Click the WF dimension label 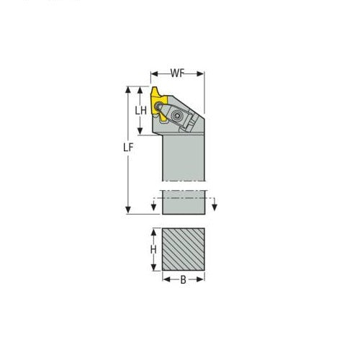pyautogui.click(x=178, y=73)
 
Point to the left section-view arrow pyautogui.click(x=153, y=208)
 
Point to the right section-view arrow pyautogui.click(x=214, y=208)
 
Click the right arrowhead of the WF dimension pyautogui.click(x=204, y=73)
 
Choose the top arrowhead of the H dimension pyautogui.click(x=152, y=233)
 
